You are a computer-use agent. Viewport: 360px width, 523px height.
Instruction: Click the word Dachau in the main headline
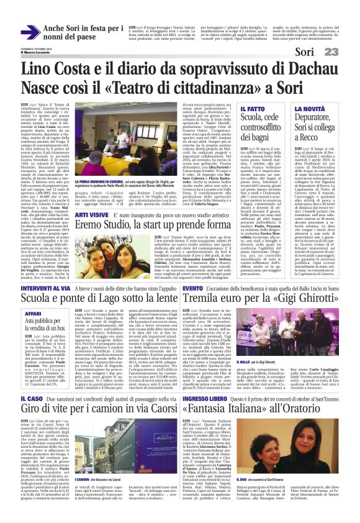294,67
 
